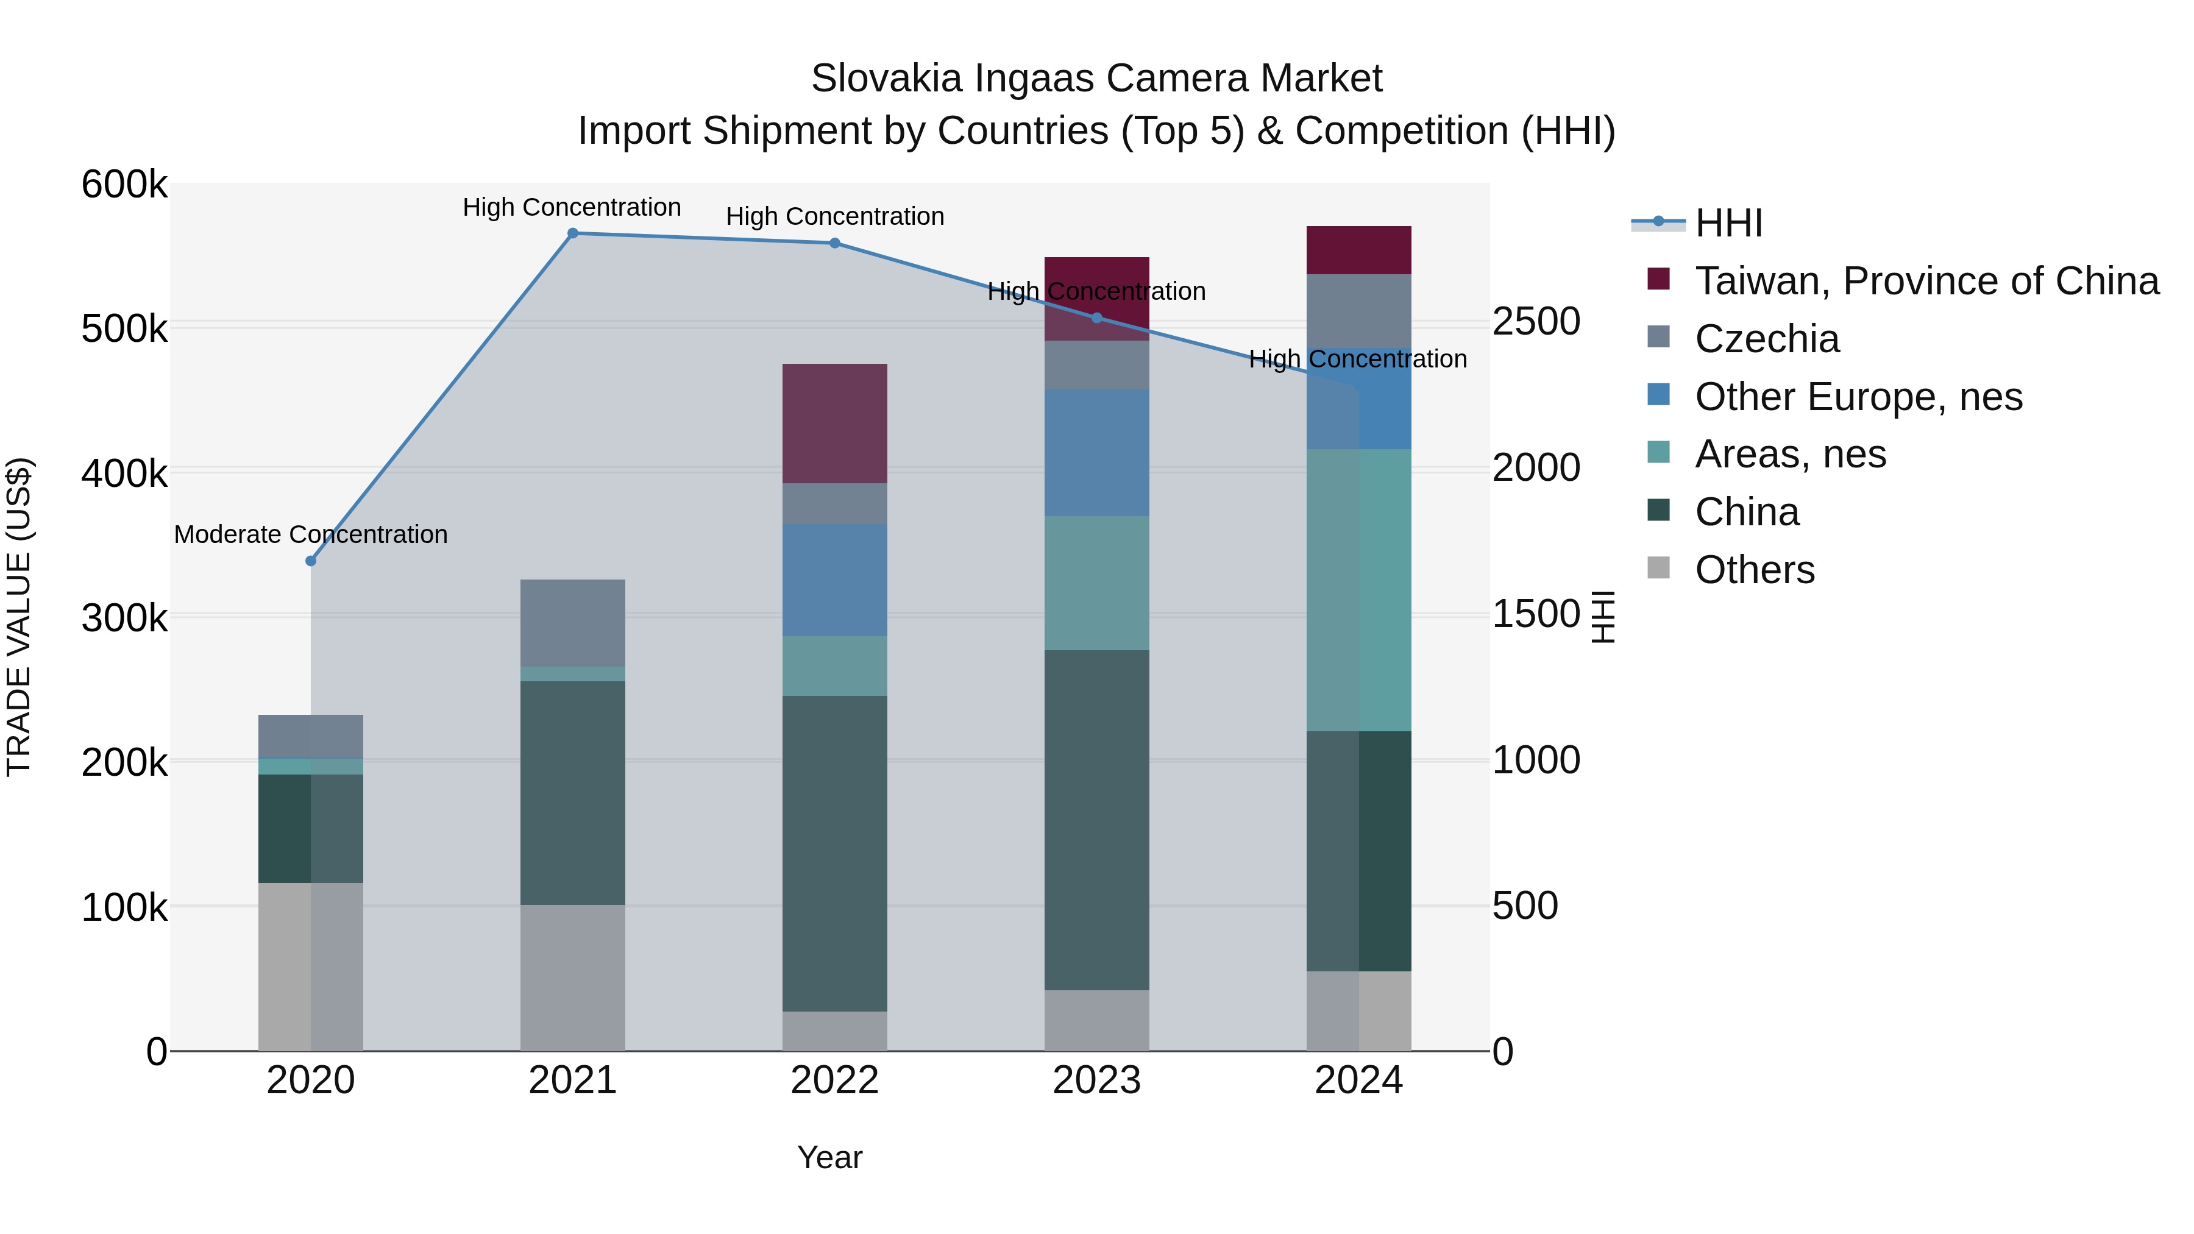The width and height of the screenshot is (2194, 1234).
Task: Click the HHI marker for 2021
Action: point(572,233)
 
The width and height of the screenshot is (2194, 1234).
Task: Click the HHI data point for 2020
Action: point(311,561)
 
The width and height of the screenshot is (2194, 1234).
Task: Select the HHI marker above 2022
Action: point(835,244)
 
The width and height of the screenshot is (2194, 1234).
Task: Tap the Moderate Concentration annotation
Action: point(311,535)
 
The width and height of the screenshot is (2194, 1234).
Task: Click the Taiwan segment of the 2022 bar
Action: point(835,424)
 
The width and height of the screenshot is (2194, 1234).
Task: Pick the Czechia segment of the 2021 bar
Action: point(572,623)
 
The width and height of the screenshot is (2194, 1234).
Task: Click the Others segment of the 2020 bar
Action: point(311,966)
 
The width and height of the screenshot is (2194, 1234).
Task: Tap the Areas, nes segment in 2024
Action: point(1358,589)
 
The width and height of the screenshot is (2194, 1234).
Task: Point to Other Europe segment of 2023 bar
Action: point(1096,452)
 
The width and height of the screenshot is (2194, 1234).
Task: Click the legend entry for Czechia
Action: point(1766,339)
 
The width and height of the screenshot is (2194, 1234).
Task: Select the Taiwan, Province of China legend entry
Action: point(1926,281)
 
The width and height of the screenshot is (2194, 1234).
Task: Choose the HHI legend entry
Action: point(1728,223)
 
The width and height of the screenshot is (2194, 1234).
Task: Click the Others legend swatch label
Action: point(1755,570)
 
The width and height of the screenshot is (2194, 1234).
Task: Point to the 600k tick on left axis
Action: point(124,185)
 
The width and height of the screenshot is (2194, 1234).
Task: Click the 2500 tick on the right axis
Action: point(1536,322)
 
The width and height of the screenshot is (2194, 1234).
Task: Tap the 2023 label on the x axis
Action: point(1096,1080)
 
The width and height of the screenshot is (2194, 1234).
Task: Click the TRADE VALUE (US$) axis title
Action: point(19,617)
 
